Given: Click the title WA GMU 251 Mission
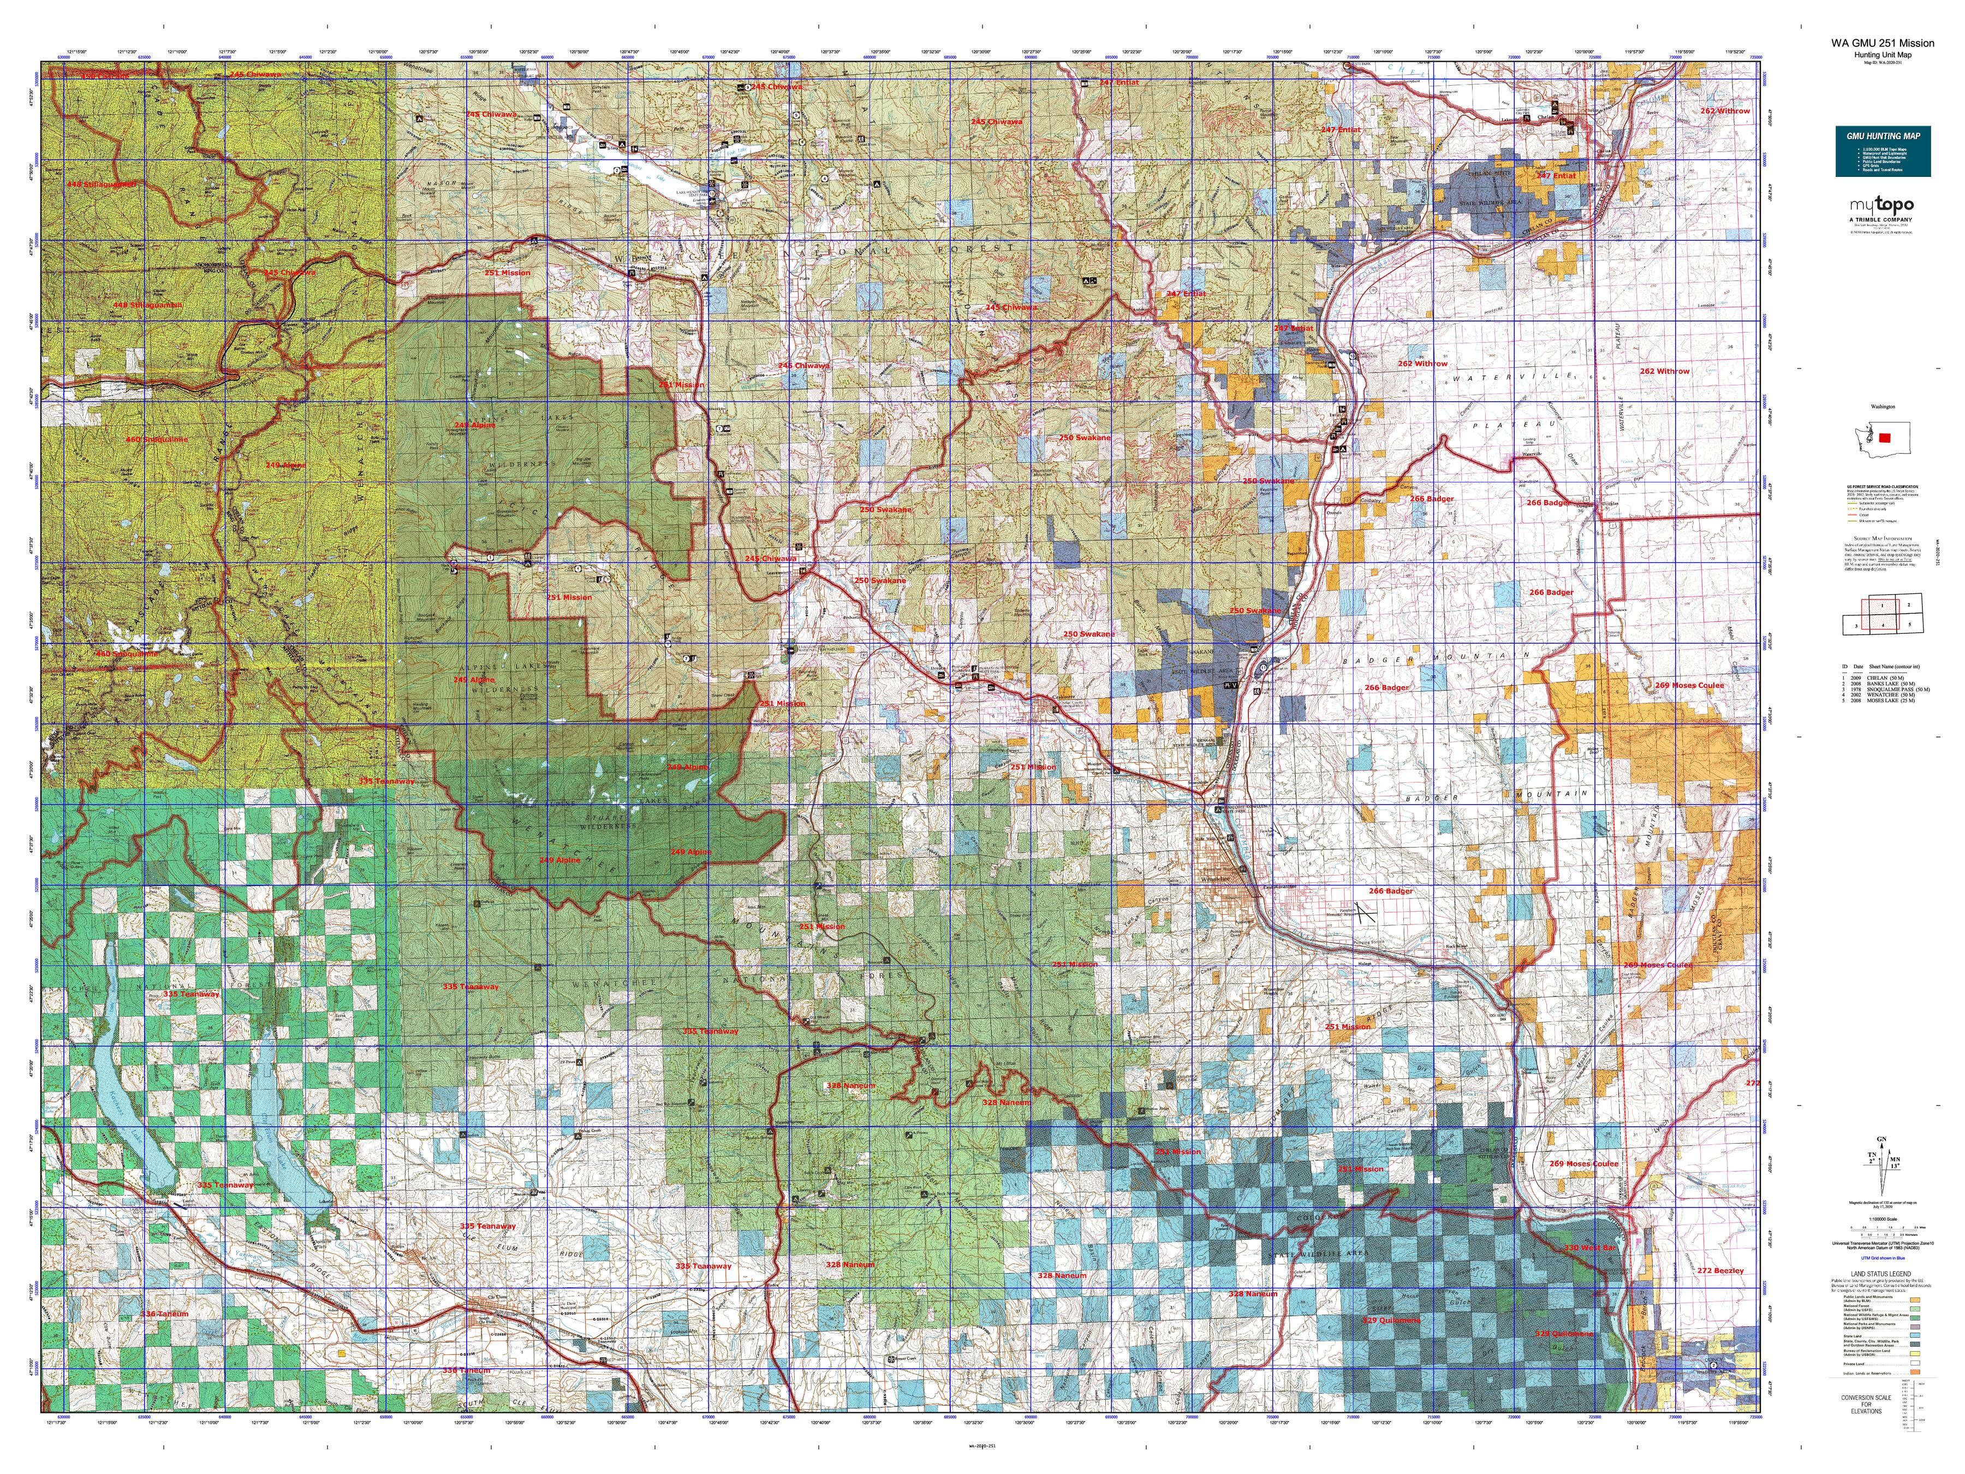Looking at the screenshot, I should [x=1881, y=43].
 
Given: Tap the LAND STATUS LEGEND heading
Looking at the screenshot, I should [x=1881, y=1274].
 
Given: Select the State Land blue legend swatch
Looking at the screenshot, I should [x=1915, y=1335].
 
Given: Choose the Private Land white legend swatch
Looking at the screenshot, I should [x=1915, y=1363].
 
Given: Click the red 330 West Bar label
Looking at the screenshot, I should [x=1590, y=1247].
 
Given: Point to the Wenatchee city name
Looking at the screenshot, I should [x=1215, y=879].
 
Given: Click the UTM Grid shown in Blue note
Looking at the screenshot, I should [x=1883, y=1258].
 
